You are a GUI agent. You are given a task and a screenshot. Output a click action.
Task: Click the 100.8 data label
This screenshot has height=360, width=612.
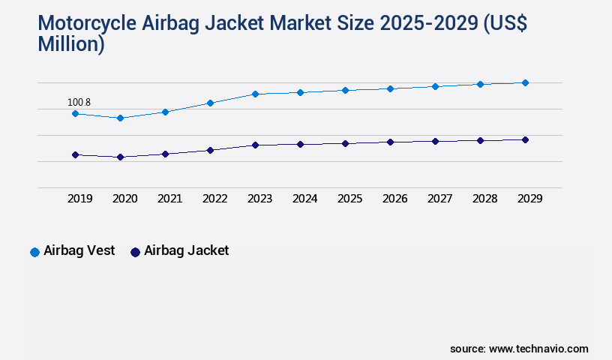(79, 102)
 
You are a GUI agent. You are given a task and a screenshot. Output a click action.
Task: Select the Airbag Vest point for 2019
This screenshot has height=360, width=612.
(75, 113)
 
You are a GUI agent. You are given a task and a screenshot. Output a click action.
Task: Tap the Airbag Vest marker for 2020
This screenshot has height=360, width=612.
(120, 118)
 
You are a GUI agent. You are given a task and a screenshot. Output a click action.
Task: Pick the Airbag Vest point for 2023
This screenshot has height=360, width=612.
(255, 94)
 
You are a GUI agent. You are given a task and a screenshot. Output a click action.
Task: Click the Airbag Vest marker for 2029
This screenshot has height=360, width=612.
(525, 82)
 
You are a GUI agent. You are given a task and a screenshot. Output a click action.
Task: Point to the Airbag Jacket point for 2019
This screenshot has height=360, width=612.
(75, 154)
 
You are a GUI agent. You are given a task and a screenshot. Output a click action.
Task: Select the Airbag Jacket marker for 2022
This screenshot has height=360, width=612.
(210, 150)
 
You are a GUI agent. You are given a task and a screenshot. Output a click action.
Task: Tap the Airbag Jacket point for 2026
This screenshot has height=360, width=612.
(390, 142)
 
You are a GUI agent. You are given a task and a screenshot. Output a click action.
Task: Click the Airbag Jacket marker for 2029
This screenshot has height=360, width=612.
(525, 139)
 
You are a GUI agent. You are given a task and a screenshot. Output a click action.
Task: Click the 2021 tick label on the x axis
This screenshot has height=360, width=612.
(169, 199)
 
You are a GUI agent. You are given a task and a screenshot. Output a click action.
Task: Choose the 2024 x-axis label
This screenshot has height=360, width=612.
(304, 199)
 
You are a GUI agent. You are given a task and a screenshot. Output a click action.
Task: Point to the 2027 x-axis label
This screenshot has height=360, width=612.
(439, 199)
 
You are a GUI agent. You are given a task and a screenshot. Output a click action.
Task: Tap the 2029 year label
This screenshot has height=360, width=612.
(529, 199)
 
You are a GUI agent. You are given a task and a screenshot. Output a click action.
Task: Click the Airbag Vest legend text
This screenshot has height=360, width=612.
(79, 250)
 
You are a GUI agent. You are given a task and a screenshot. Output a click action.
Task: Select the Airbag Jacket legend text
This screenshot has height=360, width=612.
(187, 250)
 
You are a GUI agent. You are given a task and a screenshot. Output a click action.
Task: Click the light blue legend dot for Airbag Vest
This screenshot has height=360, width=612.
(34, 252)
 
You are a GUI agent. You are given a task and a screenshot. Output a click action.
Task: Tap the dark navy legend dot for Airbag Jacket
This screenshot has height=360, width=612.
(135, 252)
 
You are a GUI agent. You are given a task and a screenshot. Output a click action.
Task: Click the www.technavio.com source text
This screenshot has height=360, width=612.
(538, 349)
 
